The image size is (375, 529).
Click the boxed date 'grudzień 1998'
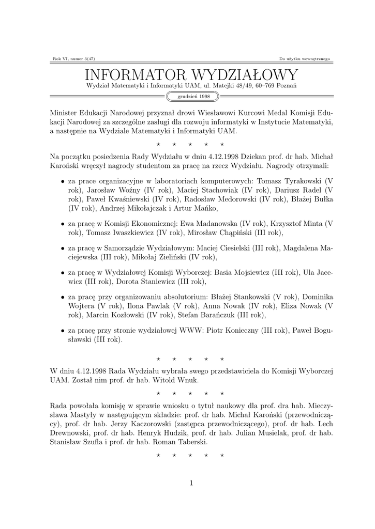point(193,96)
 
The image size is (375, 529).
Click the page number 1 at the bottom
point(191,483)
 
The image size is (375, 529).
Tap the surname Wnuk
point(187,380)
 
